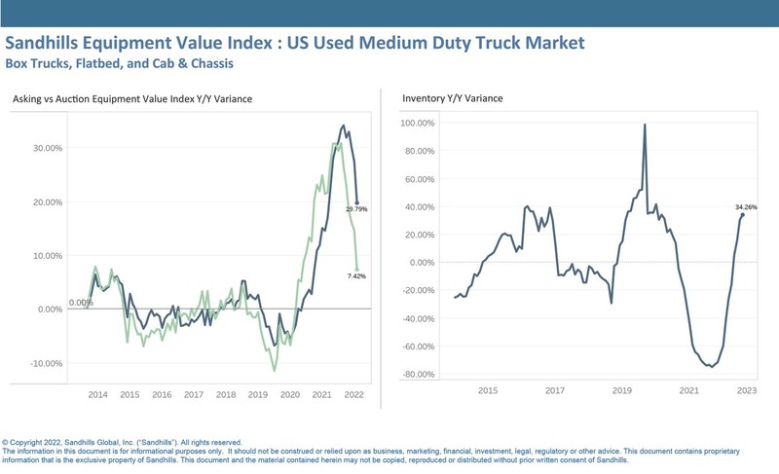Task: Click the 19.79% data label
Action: click(356, 209)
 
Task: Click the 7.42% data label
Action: click(356, 276)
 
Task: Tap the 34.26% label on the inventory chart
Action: click(745, 207)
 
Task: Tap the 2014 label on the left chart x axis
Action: click(97, 395)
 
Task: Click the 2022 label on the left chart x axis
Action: click(353, 395)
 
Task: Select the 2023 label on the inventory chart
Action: click(746, 390)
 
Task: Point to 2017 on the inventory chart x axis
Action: click(555, 390)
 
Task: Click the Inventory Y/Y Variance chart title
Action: click(452, 98)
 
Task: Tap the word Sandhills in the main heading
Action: click(52, 43)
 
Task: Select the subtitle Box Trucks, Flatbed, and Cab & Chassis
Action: click(119, 64)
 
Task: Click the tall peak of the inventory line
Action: click(645, 125)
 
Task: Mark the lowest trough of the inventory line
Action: click(711, 367)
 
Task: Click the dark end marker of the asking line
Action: click(357, 202)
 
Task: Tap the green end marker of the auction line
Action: click(357, 270)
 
